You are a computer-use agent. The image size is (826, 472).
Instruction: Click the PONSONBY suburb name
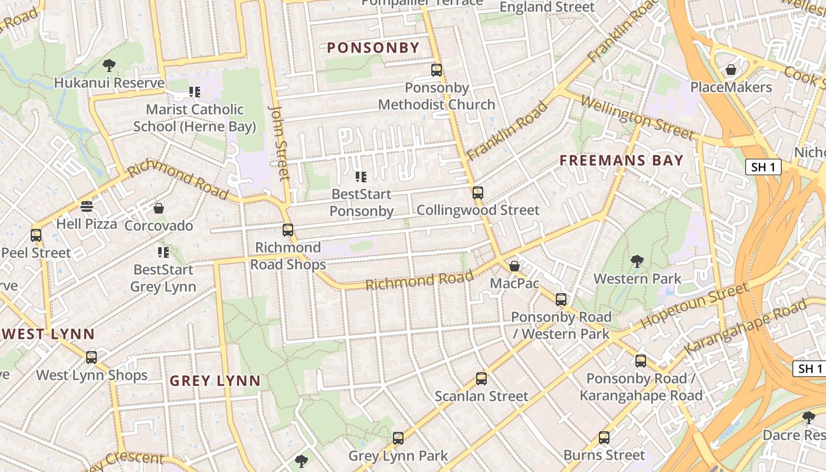[x=373, y=48]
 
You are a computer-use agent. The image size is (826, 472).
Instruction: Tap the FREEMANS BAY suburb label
[x=621, y=160]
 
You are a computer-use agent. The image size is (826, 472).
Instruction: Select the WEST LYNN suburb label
[x=48, y=334]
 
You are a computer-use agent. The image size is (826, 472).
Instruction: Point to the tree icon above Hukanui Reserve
[x=109, y=65]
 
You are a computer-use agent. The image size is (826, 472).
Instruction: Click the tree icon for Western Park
[x=637, y=261]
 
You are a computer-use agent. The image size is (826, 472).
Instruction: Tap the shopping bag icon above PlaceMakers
[x=731, y=70]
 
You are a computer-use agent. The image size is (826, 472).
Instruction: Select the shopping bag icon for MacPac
[x=514, y=266]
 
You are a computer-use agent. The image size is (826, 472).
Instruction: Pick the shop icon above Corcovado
[x=159, y=208]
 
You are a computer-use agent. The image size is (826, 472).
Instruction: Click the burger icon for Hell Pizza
[x=87, y=206]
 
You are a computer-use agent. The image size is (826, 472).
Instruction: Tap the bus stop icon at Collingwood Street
[x=477, y=193]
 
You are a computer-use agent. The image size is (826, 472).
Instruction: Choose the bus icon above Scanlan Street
[x=481, y=379]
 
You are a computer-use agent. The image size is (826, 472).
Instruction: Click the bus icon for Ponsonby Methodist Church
[x=437, y=70]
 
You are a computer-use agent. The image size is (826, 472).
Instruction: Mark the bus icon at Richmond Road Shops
[x=288, y=230]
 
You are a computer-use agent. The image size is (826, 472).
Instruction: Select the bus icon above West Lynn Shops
[x=91, y=358]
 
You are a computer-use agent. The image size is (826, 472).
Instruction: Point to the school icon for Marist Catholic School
[x=195, y=92]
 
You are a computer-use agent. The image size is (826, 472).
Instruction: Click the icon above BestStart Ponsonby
[x=361, y=176]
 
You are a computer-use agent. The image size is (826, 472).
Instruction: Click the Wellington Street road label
[x=637, y=117]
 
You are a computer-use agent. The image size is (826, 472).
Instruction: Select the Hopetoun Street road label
[x=694, y=306]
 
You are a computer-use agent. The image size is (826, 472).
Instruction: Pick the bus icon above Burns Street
[x=604, y=438]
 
